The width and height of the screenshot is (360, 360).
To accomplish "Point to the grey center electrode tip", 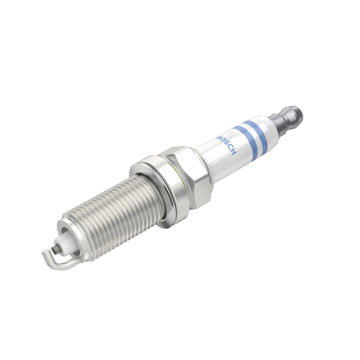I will pos(54,250).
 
